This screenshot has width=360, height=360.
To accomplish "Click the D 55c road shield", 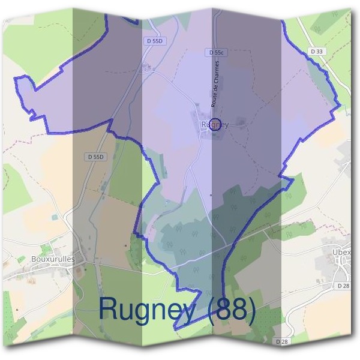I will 217,53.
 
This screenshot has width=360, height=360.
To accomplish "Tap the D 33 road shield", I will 317,52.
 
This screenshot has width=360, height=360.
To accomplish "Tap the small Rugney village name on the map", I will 215,125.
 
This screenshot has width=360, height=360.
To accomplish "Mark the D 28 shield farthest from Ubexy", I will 283,341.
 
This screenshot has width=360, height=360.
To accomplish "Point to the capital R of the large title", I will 109,308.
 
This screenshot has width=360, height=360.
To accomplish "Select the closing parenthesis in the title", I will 252,310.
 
